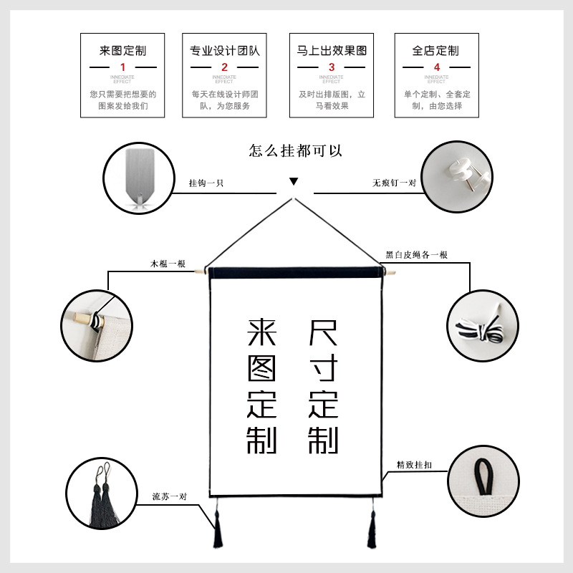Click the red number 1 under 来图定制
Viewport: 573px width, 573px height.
pyautogui.click(x=122, y=67)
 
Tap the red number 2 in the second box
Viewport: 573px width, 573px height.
pyautogui.click(x=224, y=67)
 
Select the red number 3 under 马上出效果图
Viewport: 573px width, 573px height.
pyautogui.click(x=331, y=67)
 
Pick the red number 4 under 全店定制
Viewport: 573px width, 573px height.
pyautogui.click(x=436, y=67)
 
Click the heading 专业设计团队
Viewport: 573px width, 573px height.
pyautogui.click(x=224, y=51)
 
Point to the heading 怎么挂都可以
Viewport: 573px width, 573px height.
pyautogui.click(x=296, y=151)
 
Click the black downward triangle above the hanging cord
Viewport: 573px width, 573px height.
pyautogui.click(x=294, y=182)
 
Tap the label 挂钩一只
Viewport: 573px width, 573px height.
pyautogui.click(x=206, y=183)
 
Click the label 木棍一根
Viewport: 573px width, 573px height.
pyautogui.click(x=168, y=264)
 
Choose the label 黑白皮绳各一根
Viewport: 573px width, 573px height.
pyautogui.click(x=417, y=255)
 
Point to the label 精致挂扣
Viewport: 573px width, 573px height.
pyautogui.click(x=415, y=465)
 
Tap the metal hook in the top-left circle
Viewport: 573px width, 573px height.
pyautogui.click(x=139, y=179)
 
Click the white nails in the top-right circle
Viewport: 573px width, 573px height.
pyautogui.click(x=464, y=175)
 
